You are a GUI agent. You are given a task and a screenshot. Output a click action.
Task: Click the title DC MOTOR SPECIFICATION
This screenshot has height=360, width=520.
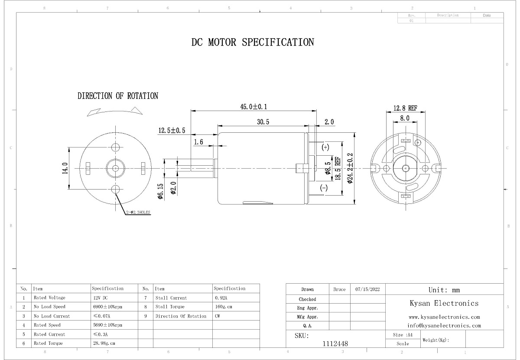[253, 43]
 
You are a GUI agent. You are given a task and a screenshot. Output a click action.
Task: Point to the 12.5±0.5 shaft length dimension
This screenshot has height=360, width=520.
[172, 131]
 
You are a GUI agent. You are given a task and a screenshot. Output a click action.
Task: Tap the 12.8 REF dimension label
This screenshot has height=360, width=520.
[405, 108]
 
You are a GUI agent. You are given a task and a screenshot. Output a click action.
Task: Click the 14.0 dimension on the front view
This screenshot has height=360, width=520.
[65, 168]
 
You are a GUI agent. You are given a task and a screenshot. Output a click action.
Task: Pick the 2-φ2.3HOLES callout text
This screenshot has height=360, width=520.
[138, 213]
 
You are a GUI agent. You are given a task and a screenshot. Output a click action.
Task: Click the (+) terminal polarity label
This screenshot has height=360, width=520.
[325, 147]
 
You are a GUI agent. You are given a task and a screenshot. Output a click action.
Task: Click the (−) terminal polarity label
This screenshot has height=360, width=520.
[324, 188]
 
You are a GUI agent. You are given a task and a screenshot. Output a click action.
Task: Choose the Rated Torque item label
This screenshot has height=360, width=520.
[48, 343]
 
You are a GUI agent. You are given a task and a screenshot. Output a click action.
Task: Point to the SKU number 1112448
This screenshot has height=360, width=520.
[335, 344]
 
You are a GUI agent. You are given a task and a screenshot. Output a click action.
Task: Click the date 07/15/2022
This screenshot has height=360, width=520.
[367, 289]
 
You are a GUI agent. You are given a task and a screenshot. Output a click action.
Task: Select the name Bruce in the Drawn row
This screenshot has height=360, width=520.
[340, 289]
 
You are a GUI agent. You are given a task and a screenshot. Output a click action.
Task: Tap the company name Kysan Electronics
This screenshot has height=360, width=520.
[444, 303]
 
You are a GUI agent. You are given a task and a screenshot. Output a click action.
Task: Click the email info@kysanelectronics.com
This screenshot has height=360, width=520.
[444, 325]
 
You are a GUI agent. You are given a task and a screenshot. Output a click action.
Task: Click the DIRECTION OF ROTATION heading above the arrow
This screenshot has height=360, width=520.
[118, 96]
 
